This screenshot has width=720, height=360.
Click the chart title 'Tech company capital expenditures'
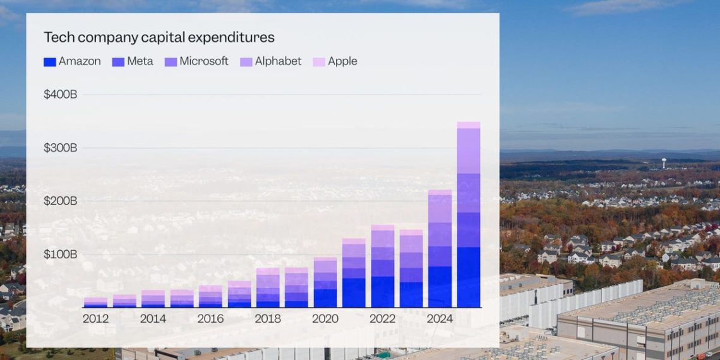(159, 37)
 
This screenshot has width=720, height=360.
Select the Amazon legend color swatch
(50, 62)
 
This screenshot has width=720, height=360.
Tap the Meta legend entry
(133, 61)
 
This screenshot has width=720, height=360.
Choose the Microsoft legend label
(203, 61)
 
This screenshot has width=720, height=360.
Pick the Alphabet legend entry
(278, 61)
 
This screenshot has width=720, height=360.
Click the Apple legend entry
(342, 61)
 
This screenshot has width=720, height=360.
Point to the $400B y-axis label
(60, 95)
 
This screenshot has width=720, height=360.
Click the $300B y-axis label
(60, 148)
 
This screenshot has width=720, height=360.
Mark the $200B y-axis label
(60, 201)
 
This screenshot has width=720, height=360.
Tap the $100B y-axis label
(60, 255)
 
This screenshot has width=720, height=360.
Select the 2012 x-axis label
(95, 318)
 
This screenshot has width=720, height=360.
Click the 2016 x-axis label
(210, 318)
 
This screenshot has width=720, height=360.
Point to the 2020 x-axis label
(325, 318)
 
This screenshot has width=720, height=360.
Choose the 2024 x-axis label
(440, 318)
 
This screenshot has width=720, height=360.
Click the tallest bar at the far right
(469, 215)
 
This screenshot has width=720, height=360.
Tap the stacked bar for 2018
(268, 288)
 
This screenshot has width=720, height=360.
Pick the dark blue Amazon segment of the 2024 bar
(440, 287)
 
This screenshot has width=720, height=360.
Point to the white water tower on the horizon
(664, 162)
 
